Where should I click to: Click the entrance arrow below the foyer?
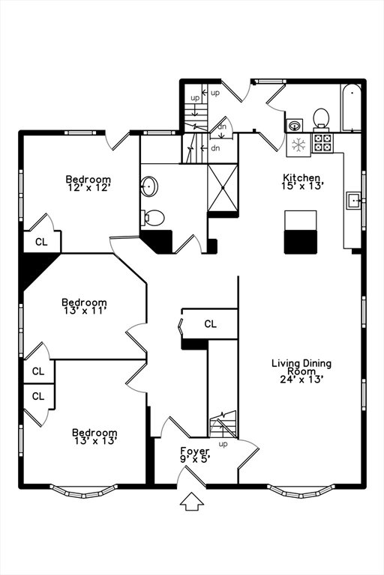click(x=192, y=502)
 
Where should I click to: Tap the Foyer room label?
click(x=195, y=451)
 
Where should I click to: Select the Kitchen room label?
click(x=301, y=177)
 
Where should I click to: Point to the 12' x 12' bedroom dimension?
click(x=88, y=188)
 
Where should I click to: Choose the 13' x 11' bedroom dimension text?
click(x=85, y=311)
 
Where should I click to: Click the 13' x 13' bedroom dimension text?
click(x=95, y=441)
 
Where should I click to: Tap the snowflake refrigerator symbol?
click(x=298, y=144)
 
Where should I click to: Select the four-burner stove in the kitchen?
click(x=322, y=143)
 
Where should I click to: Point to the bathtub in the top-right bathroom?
click(x=351, y=108)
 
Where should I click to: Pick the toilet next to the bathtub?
click(x=321, y=119)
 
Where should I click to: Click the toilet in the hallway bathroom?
click(x=152, y=218)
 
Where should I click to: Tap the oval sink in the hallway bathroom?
click(x=149, y=186)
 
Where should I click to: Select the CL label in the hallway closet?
click(x=210, y=323)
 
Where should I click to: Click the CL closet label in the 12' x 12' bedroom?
click(x=41, y=242)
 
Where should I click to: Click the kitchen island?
click(x=301, y=232)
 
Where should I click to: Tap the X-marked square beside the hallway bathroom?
click(x=223, y=188)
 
